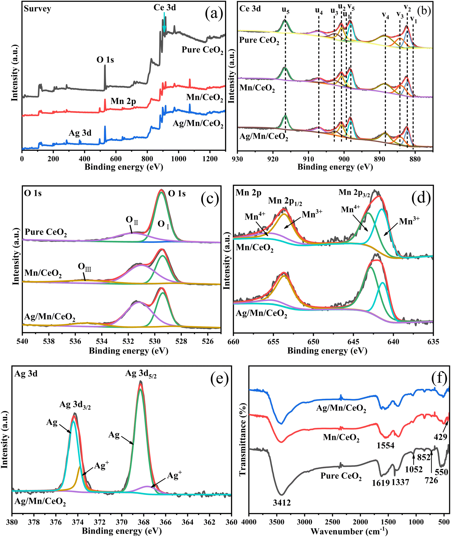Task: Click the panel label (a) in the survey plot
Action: click(214, 14)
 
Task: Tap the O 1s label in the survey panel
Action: click(105, 60)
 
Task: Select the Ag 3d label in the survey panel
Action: click(80, 133)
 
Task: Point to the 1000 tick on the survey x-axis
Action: click(178, 159)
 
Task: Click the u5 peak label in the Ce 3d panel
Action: click(286, 10)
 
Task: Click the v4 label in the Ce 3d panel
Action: click(385, 15)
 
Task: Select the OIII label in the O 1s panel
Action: click(84, 267)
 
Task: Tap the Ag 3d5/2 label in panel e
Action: click(141, 374)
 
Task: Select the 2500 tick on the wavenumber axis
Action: click(333, 522)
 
